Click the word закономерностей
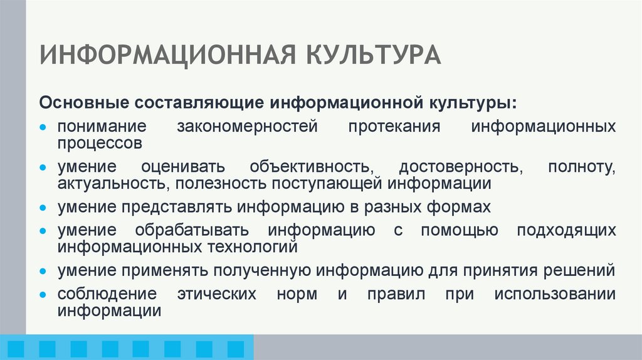click(248, 126)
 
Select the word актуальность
click(113, 183)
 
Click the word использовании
click(555, 294)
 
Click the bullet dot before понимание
click(43, 127)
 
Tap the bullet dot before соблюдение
click(43, 295)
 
